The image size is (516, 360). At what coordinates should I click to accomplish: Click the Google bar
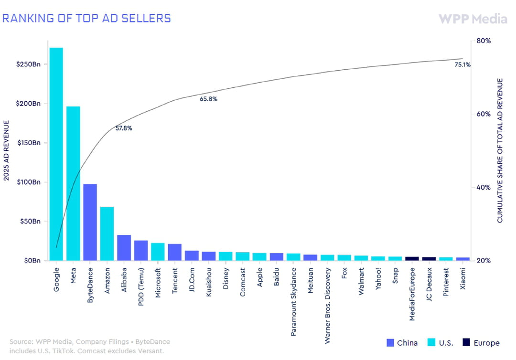[56, 154]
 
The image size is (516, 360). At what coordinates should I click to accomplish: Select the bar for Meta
[73, 183]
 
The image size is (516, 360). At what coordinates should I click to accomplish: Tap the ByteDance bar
[90, 222]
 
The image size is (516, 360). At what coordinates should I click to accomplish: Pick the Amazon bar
[107, 233]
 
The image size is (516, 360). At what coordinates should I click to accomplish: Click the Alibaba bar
[124, 248]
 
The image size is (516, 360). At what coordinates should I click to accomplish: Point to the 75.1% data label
[462, 65]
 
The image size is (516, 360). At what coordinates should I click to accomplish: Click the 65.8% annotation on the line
[208, 99]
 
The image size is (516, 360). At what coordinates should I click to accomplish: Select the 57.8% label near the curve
[124, 128]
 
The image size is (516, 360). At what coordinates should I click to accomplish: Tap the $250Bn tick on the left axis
[28, 64]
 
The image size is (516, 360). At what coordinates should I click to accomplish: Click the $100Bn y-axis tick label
[29, 182]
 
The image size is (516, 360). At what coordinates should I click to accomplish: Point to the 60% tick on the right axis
[484, 114]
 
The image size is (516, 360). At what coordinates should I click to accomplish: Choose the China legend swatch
[390, 343]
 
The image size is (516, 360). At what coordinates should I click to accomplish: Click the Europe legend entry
[481, 343]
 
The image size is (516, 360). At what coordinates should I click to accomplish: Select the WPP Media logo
[473, 19]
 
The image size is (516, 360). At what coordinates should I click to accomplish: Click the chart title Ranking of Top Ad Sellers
[86, 18]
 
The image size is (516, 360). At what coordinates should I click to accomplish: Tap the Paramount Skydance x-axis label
[293, 302]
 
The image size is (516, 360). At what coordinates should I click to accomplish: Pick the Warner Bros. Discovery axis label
[327, 306]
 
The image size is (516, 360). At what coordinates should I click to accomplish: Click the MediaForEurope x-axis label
[412, 294]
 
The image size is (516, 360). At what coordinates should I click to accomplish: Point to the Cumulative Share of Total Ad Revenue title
[500, 150]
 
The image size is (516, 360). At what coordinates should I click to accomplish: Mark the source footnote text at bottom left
[89, 346]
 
